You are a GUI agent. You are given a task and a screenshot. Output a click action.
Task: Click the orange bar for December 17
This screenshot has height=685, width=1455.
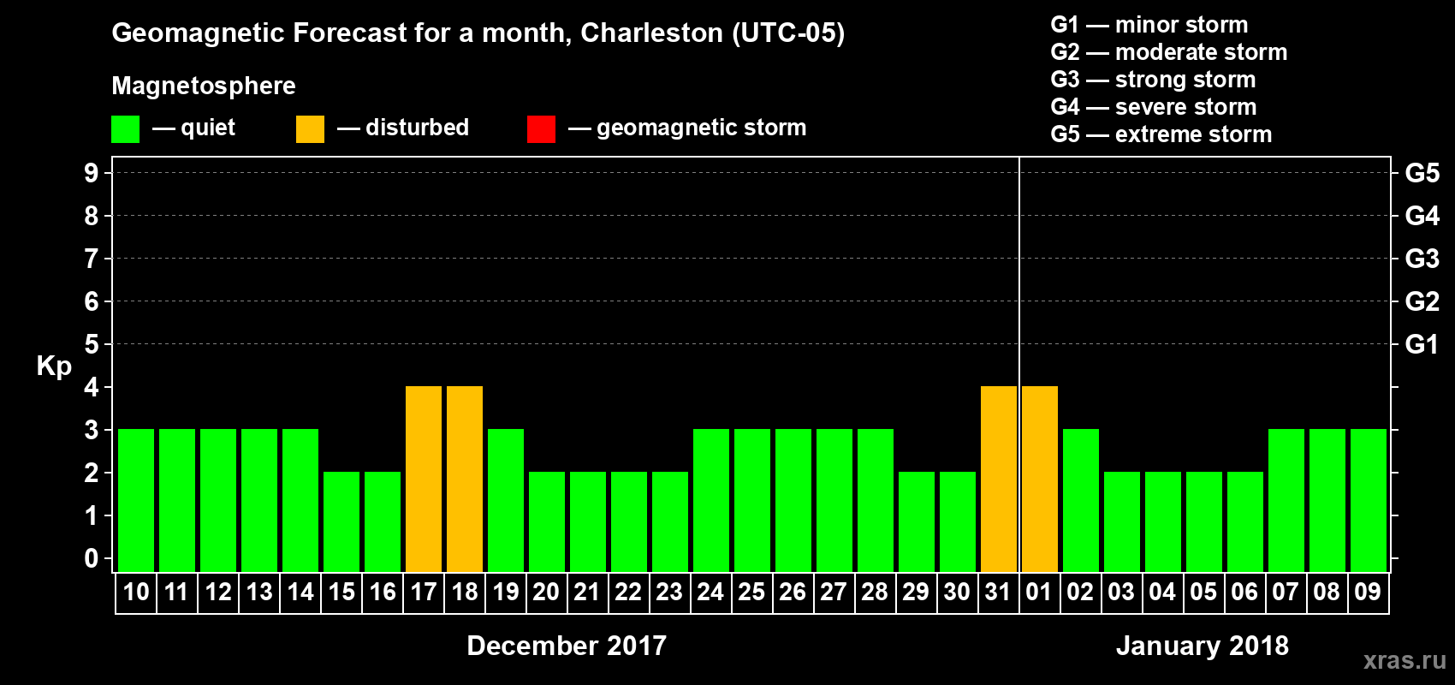coord(424,479)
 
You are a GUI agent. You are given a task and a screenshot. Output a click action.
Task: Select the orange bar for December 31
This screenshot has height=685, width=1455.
coord(999,479)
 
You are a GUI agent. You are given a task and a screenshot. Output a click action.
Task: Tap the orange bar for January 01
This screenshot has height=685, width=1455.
coord(1040,479)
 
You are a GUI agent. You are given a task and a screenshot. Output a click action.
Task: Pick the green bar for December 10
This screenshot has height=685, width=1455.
coord(136,500)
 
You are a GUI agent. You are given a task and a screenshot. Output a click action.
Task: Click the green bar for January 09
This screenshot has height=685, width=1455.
coord(1369,500)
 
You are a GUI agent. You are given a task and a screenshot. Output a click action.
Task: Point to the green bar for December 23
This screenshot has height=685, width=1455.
coord(670,521)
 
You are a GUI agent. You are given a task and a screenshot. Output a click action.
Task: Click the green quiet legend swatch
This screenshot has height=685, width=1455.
coord(125,129)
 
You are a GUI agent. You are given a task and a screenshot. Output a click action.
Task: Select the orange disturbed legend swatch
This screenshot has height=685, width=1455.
coord(310,129)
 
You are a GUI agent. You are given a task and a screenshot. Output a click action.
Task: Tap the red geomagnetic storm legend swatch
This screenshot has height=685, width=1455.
coord(541,129)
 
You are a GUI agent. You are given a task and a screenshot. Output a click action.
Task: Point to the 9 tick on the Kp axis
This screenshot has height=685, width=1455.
coord(92,173)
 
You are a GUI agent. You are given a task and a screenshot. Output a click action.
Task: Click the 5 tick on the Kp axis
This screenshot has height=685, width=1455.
coord(92,344)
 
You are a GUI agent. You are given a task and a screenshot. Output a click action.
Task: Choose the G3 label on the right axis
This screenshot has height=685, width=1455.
coord(1422,259)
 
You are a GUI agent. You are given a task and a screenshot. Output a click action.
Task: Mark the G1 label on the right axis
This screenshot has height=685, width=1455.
coord(1422,344)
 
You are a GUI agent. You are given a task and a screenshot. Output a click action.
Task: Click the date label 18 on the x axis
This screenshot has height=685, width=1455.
coord(465,592)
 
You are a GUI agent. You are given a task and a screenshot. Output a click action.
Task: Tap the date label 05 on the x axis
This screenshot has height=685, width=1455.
coord(1203,592)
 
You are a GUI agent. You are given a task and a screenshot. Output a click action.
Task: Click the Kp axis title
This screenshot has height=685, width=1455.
coord(54,366)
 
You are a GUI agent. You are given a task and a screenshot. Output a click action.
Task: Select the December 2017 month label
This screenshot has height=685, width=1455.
coord(567,646)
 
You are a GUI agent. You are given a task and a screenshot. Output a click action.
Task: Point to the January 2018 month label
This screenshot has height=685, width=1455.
coord(1202,646)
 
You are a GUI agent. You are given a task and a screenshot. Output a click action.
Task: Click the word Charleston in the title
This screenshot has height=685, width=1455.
coord(652,33)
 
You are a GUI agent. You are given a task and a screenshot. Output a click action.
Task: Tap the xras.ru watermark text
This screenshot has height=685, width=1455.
coord(1405,660)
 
